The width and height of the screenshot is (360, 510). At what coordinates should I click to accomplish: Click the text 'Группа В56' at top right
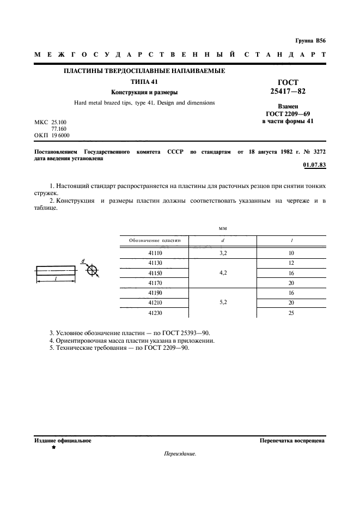310,41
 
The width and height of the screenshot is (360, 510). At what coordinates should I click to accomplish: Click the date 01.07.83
314,165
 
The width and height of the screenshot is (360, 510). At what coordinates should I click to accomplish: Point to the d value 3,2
223,253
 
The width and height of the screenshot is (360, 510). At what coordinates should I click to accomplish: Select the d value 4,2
223,274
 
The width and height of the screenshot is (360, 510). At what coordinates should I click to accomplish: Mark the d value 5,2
223,303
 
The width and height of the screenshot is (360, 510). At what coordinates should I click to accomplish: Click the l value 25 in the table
292,313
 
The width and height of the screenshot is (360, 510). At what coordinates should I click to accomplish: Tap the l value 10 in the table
292,253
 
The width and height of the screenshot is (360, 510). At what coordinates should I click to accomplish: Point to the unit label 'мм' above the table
222,229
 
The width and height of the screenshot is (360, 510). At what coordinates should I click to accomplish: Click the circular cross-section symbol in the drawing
93,270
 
